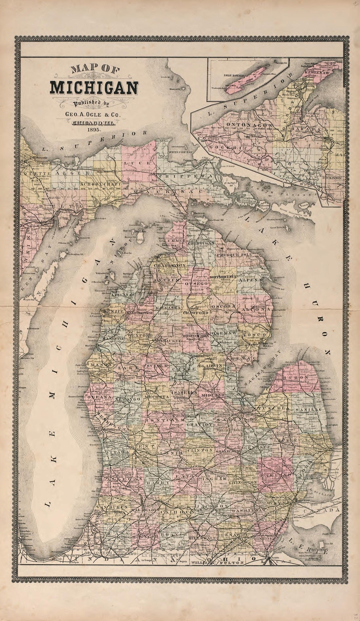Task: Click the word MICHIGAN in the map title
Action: click(94, 87)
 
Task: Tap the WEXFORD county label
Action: click(141, 336)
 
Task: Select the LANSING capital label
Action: click(198, 469)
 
